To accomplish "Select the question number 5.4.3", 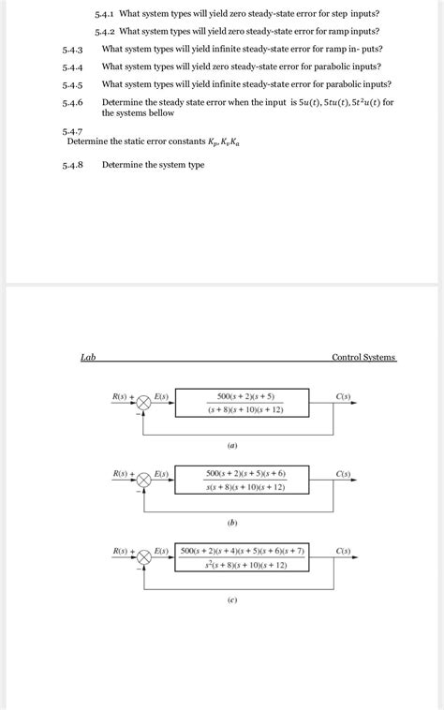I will coord(73,50).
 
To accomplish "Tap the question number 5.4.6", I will coord(73,102).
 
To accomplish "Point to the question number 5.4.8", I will coord(73,166).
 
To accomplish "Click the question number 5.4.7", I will coord(73,134).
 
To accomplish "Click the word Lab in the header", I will coord(87,357).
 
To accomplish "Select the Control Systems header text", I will coord(363,357).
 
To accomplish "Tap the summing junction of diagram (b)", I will coord(144,479).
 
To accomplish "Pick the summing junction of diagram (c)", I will coord(144,556).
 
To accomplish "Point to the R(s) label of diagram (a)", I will coord(120,396).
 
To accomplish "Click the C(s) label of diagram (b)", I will coord(343,474).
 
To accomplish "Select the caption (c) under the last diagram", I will coord(230,599).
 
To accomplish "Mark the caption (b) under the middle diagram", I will coord(230,522).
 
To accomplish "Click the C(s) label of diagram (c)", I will coord(343,551).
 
